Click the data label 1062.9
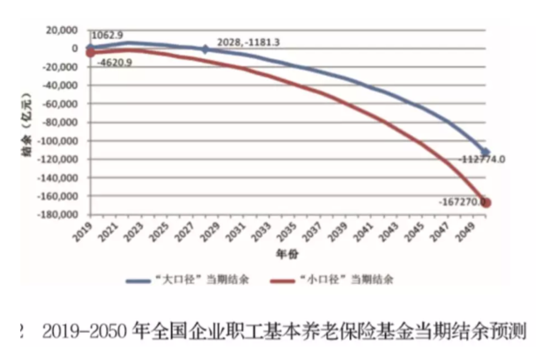tap(108, 39)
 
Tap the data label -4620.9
tap(114, 64)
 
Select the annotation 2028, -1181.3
tap(243, 41)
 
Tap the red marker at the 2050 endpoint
tap(485, 202)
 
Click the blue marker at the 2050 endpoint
tap(485, 153)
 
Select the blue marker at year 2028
tap(205, 50)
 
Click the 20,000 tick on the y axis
tap(59, 30)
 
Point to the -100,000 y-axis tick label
tap(54, 141)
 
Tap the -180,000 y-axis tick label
tap(54, 215)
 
